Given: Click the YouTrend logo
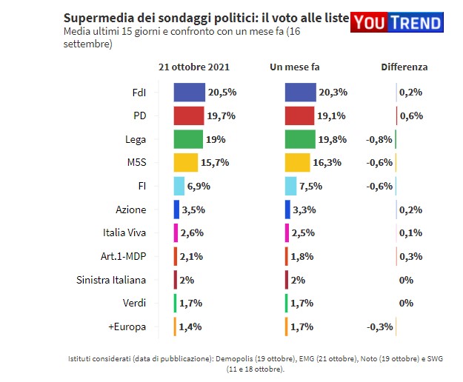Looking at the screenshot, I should click(397, 22).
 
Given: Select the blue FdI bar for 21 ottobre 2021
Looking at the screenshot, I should click(189, 92).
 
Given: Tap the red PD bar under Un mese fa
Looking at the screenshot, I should click(299, 115).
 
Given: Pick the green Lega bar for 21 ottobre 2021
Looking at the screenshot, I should click(188, 139).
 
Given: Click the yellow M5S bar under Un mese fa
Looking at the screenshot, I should click(297, 163).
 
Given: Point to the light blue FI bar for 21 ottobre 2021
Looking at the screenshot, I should click(179, 186).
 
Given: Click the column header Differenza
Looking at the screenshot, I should click(404, 67).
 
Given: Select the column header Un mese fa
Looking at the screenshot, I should click(295, 67).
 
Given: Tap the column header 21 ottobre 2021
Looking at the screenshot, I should click(189, 67).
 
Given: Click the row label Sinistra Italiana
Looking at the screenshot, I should click(111, 280).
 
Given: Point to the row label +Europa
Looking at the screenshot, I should click(127, 326).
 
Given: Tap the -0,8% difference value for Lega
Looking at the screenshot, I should click(379, 139).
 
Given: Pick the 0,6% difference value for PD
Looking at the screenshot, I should click(410, 115).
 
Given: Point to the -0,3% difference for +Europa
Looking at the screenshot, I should click(379, 326).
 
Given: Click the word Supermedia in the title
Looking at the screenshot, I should click(95, 18).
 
